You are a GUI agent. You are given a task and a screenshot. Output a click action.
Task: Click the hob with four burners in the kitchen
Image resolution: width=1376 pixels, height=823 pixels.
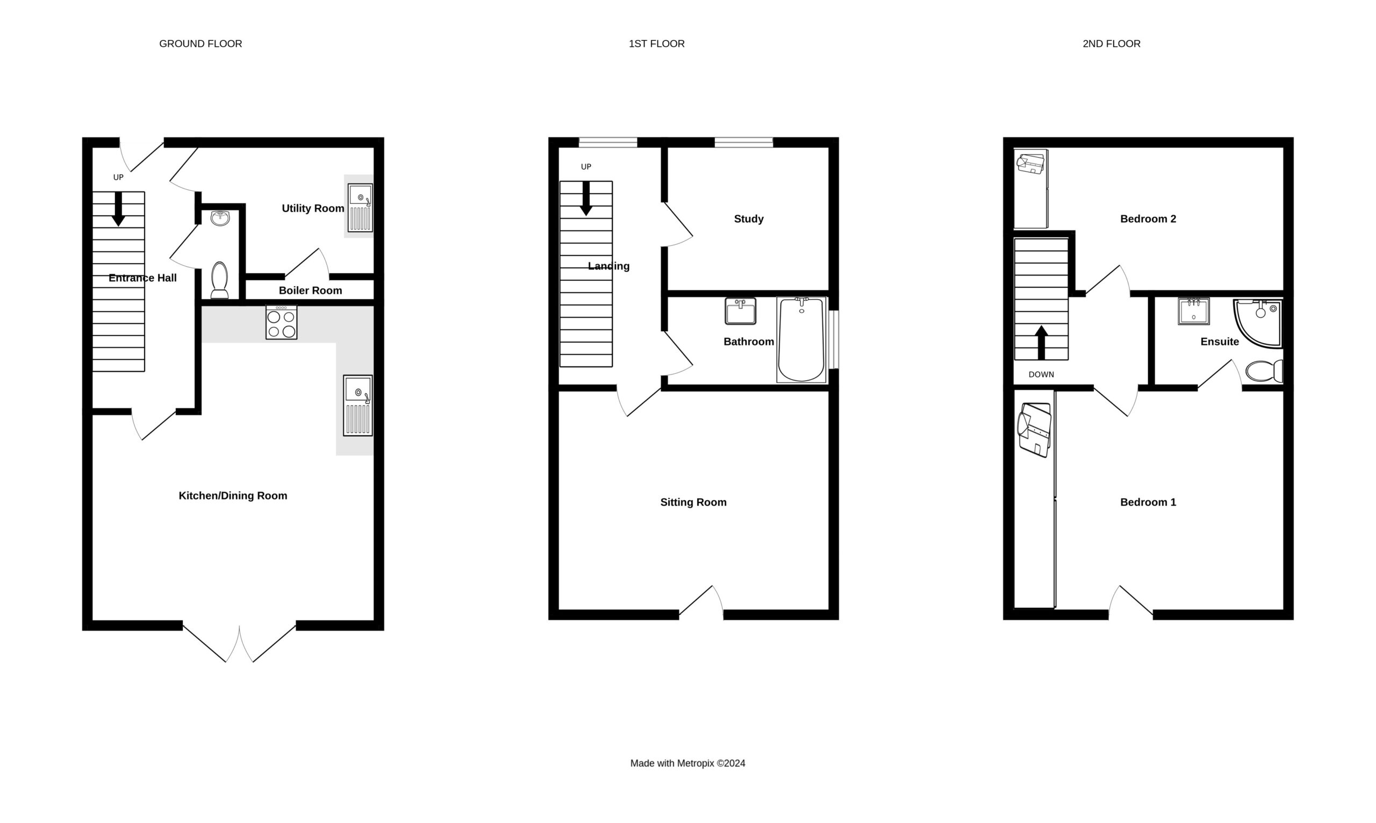(281, 322)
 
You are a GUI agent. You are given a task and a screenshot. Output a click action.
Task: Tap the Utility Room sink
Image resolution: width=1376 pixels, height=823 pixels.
(360, 208)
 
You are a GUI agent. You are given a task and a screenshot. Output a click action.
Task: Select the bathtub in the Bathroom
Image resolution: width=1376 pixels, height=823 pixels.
(801, 340)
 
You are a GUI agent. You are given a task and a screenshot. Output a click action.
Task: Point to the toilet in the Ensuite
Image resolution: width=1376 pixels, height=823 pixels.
(1264, 371)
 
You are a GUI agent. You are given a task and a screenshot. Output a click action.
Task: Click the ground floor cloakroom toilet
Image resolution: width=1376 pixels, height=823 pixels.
(219, 280)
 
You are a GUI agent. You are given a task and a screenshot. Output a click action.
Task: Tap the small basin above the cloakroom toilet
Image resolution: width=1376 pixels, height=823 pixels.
(220, 218)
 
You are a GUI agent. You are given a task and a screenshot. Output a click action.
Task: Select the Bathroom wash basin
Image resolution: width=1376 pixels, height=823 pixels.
(740, 311)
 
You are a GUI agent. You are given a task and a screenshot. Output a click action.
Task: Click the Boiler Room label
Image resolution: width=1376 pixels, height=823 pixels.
(310, 290)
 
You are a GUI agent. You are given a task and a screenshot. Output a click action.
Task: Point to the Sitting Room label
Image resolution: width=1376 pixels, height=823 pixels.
(693, 502)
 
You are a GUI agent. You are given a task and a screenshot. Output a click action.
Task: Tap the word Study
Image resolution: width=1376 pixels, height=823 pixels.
(749, 219)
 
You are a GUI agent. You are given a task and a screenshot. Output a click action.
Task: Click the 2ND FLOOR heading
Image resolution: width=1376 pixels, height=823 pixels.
(1112, 44)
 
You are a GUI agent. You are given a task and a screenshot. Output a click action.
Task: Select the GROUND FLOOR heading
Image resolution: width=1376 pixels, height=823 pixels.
(200, 44)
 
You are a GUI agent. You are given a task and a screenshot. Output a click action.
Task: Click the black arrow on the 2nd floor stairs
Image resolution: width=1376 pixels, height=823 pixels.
(1041, 343)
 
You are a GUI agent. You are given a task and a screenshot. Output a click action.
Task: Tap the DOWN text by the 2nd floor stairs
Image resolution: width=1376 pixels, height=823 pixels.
(1041, 374)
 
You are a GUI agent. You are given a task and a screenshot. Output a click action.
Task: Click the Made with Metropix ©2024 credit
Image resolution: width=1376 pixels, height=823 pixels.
(687, 763)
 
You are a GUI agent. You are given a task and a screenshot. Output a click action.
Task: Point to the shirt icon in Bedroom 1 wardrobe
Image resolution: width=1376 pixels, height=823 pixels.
(1034, 430)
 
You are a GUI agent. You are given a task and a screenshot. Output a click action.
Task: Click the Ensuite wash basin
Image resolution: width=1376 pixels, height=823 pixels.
(1194, 311)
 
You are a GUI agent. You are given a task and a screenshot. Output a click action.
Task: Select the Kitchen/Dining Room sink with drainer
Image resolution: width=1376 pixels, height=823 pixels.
(358, 406)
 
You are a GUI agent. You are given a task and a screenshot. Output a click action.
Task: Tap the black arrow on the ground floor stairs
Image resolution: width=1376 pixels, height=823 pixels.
(118, 209)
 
